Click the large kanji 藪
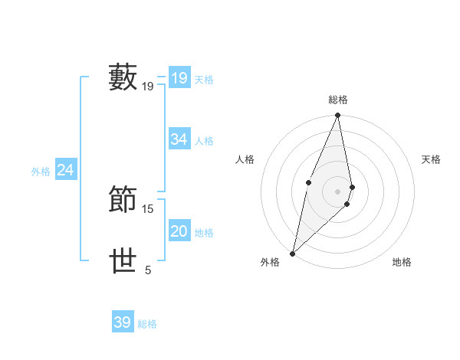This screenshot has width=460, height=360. click(123, 77)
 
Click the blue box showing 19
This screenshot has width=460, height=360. click(179, 78)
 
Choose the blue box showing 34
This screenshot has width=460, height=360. click(179, 139)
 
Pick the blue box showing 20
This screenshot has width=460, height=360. click(179, 231)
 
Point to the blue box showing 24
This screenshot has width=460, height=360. click(66, 170)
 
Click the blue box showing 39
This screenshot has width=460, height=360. click(122, 322)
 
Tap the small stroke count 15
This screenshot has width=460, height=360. click(148, 208)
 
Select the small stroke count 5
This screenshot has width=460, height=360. click(148, 270)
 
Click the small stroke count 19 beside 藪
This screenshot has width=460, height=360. click(148, 87)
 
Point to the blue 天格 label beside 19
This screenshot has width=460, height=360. click(204, 80)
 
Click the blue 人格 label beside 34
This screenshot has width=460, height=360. click(204, 141)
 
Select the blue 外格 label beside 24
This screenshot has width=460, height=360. click(41, 172)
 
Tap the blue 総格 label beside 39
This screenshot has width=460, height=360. click(147, 324)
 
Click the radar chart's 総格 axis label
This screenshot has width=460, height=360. click(338, 100)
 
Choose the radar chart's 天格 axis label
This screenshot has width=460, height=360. click(431, 159)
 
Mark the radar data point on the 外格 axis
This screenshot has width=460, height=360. click(292, 254)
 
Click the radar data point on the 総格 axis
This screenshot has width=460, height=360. click(338, 116)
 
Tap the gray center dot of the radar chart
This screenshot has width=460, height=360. click(338, 191)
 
